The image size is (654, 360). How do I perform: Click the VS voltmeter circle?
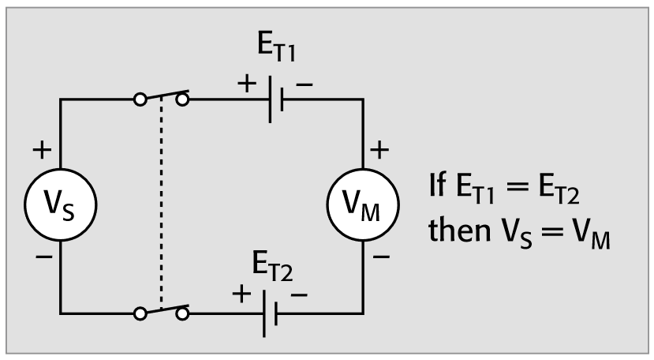point(61,207)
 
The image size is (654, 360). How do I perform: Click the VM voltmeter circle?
point(364,207)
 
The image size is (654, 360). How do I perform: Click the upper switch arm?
point(162,96)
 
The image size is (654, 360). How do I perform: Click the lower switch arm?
point(162,309)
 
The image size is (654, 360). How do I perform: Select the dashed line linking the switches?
point(161,205)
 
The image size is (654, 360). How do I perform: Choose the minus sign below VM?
point(380,257)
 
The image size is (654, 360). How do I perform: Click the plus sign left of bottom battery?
point(241,296)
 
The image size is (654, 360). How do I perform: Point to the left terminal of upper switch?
point(140,100)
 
